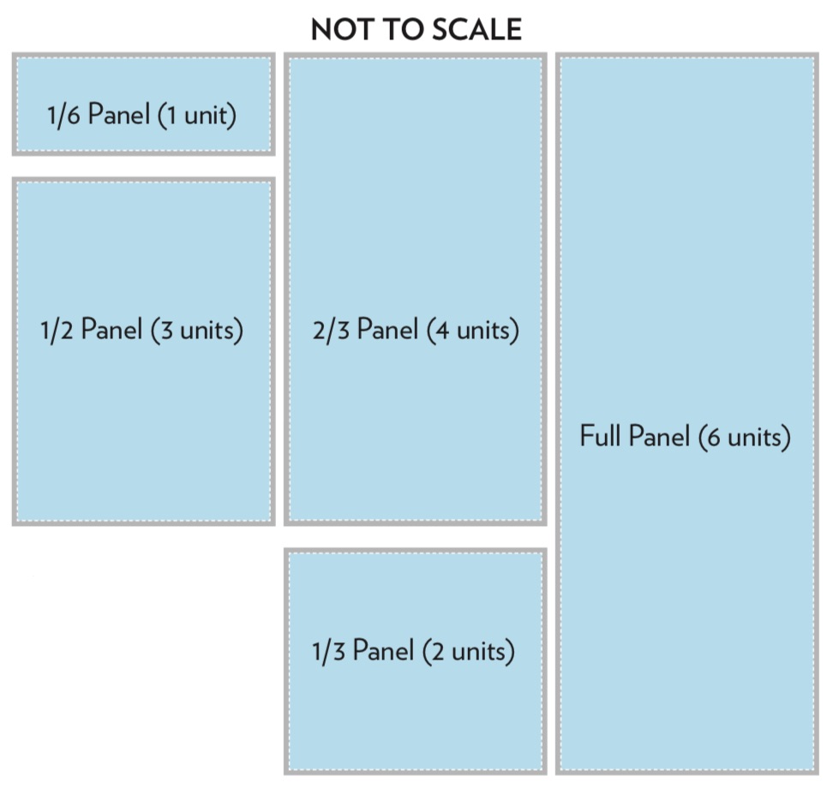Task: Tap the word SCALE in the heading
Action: point(476,29)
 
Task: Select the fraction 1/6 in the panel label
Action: point(63,115)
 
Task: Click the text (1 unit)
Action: point(196,116)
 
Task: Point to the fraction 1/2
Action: point(57,330)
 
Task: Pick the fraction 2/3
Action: point(331,330)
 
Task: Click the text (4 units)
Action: point(473,331)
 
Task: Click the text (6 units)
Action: point(745,437)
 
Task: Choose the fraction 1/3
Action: point(328,651)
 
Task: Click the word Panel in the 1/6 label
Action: point(118,114)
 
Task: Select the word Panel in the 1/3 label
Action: point(384,650)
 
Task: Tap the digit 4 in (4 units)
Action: point(442,331)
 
